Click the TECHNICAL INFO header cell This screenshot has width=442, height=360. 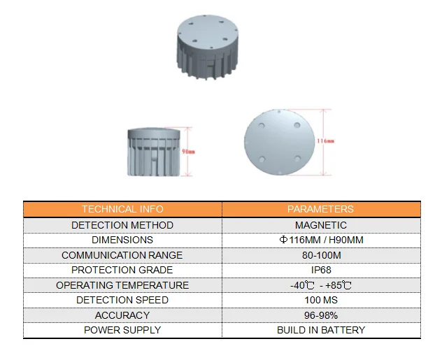(122, 209)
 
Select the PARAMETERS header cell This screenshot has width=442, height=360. (321, 209)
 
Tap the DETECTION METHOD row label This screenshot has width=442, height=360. (122, 225)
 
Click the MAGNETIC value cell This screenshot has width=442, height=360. (321, 225)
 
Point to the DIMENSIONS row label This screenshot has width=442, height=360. (122, 240)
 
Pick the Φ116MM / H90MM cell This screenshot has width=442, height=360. (321, 240)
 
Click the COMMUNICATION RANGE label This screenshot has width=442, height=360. (122, 255)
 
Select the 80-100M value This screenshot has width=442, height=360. (321, 255)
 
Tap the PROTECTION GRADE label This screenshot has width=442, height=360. (122, 270)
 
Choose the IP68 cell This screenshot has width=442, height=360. (321, 270)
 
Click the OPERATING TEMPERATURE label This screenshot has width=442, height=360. (122, 285)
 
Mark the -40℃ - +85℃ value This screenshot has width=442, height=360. (321, 285)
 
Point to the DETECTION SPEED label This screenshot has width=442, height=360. (122, 300)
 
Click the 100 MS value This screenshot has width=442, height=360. (321, 300)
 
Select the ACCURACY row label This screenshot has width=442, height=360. (122, 315)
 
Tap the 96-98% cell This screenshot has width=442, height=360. (321, 315)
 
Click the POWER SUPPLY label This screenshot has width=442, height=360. (122, 330)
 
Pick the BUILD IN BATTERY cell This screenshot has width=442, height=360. (321, 330)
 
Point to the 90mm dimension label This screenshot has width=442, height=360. (189, 151)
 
